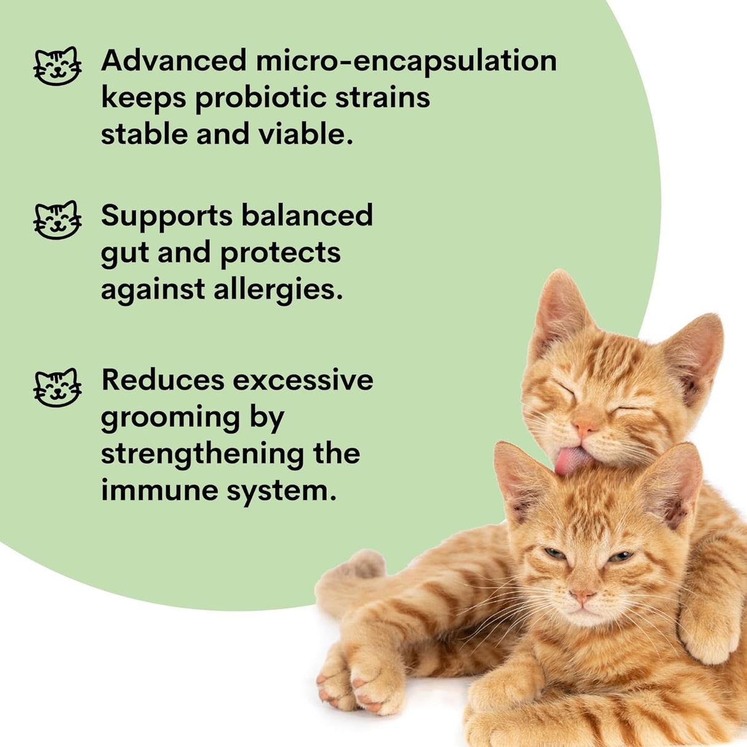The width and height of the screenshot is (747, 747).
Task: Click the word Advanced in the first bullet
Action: pos(174,61)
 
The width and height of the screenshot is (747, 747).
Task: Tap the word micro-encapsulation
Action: pos(406,61)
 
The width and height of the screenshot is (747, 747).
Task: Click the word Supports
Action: pos(167,216)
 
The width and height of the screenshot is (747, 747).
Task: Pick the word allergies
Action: pos(278,290)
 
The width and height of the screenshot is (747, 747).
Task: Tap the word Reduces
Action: pos(162,380)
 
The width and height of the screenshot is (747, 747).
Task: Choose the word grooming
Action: pos(170,418)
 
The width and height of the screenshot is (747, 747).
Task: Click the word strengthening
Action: pos(202,454)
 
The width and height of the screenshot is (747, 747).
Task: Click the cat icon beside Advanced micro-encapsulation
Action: pos(57,65)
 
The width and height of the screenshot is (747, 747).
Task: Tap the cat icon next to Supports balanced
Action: pos(57,220)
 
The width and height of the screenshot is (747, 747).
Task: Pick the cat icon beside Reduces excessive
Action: pos(57,387)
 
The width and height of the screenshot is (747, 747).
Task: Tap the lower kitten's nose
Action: pos(581,595)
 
